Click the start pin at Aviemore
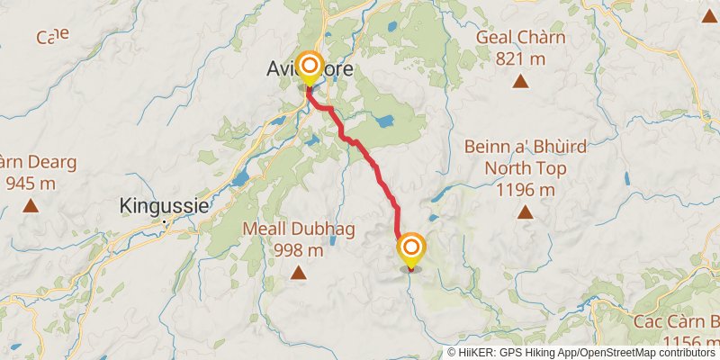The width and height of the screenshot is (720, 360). coord(310,67)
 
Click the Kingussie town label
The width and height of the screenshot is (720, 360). coord(164,206)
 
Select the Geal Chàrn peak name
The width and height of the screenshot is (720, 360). coord(519,38)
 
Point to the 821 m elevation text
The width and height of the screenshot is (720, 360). coord(519,58)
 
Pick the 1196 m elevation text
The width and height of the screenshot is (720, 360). coord(525,189)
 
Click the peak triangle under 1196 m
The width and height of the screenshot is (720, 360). coord(525,213)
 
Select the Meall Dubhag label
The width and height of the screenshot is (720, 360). coord(299,229)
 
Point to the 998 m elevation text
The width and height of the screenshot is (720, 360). coord(299,250)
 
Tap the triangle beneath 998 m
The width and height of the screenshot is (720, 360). coord(299,273)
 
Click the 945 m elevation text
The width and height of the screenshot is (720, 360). coord(31,184)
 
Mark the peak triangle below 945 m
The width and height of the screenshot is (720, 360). coord(31,206)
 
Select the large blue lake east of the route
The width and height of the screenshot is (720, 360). coord(384,120)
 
